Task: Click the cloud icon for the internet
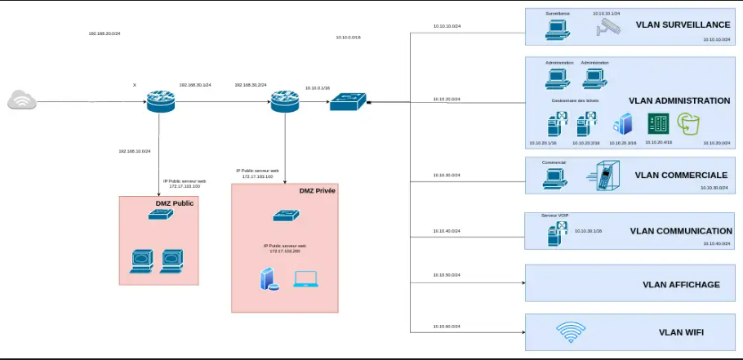click(22, 100)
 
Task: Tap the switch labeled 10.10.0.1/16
click(347, 101)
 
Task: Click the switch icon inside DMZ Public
click(159, 216)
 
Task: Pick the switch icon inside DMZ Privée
click(285, 216)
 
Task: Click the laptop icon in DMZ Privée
click(305, 279)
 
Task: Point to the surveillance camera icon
click(608, 28)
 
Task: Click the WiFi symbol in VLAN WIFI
click(571, 332)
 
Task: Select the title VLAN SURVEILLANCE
click(683, 25)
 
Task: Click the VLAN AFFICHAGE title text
click(681, 285)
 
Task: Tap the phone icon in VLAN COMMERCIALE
click(603, 176)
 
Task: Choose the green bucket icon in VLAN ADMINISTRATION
click(690, 123)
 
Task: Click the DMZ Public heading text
click(175, 202)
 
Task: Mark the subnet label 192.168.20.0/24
click(105, 33)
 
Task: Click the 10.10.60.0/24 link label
click(447, 327)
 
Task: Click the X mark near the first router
click(135, 84)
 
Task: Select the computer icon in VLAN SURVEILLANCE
click(558, 29)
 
